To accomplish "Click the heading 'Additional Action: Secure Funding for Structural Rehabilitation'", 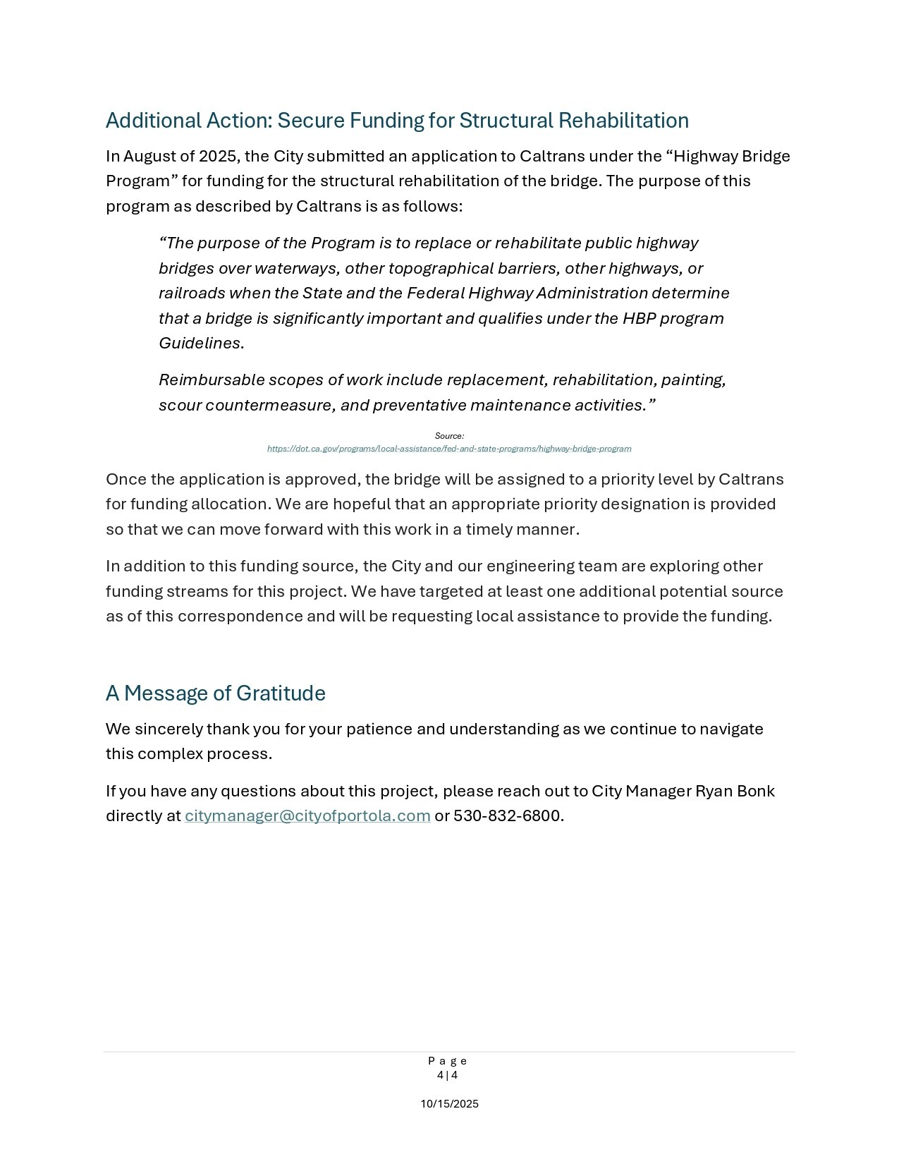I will (x=397, y=121).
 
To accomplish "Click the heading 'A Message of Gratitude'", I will (x=215, y=693).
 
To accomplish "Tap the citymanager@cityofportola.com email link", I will (x=307, y=816).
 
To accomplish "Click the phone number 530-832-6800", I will (x=507, y=816).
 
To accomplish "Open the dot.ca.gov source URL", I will (x=449, y=449).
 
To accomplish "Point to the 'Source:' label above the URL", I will (x=449, y=436).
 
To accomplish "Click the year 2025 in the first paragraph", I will (x=219, y=156).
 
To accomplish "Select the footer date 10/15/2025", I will (x=449, y=1104).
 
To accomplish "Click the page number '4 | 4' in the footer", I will (x=447, y=1075).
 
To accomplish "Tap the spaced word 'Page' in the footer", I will (x=447, y=1061).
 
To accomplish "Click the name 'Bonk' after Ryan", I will (x=755, y=791).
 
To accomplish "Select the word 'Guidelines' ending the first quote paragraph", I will (x=200, y=344).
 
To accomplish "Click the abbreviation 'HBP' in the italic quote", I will (x=640, y=318).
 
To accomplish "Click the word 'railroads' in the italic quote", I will (x=191, y=293).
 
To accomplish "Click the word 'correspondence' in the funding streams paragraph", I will (x=240, y=617).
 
